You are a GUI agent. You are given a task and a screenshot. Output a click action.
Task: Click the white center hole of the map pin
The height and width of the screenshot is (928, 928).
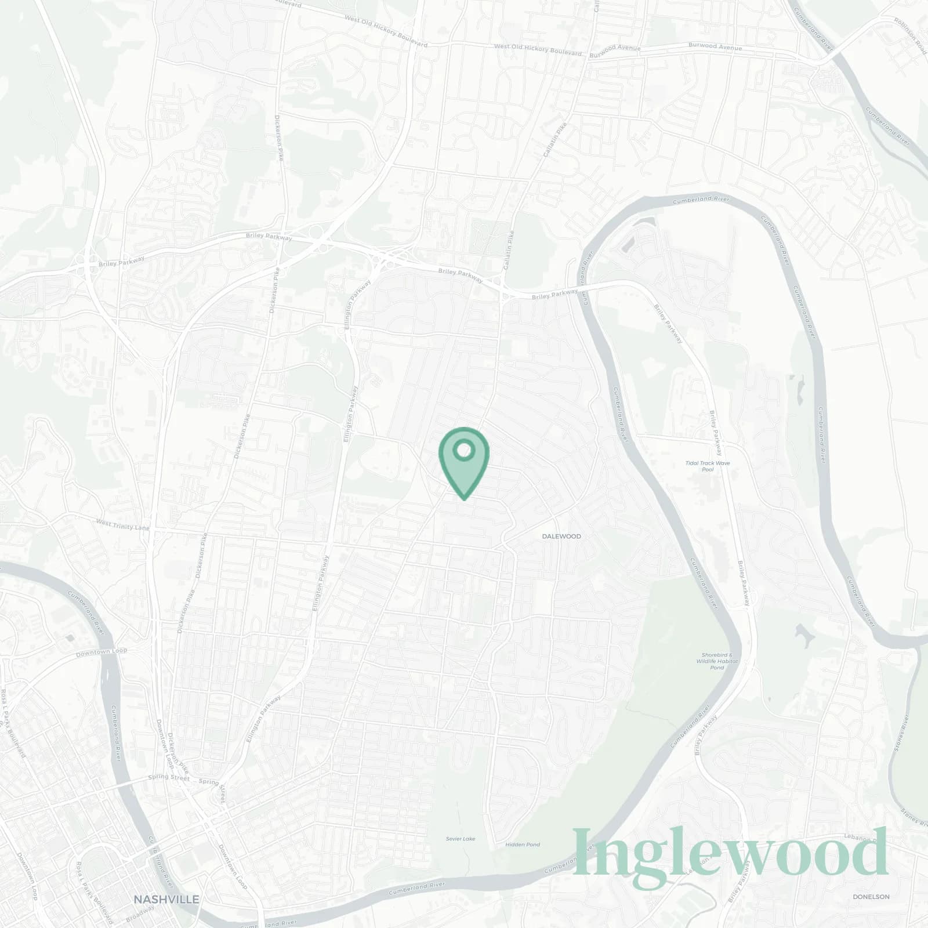[x=463, y=449]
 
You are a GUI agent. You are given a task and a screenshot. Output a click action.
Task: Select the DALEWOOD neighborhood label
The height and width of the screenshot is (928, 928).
[x=561, y=536]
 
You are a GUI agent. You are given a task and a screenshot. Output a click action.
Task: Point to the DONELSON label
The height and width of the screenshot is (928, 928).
[x=871, y=897]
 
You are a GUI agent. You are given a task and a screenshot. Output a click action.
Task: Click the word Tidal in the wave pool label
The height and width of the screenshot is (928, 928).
[x=692, y=463]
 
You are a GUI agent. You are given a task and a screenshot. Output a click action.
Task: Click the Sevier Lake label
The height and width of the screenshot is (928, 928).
[x=461, y=839]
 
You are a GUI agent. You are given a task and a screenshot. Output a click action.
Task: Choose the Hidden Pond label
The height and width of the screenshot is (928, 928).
[x=523, y=844]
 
